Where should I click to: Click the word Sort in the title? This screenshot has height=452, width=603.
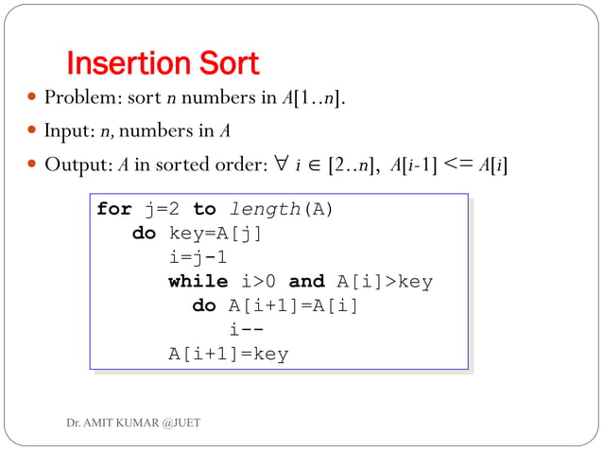click(225, 64)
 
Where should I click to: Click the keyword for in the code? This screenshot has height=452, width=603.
click(114, 209)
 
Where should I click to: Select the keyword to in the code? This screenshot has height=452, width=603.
click(204, 209)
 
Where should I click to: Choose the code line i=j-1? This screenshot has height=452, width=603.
click(198, 257)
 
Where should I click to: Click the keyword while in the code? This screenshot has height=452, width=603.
click(198, 282)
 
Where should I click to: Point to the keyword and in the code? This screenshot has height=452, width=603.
click(306, 282)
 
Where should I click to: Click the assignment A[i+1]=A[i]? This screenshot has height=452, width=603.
click(294, 306)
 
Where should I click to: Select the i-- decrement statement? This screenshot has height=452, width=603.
click(246, 330)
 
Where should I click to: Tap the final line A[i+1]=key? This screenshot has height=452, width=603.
click(228, 355)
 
